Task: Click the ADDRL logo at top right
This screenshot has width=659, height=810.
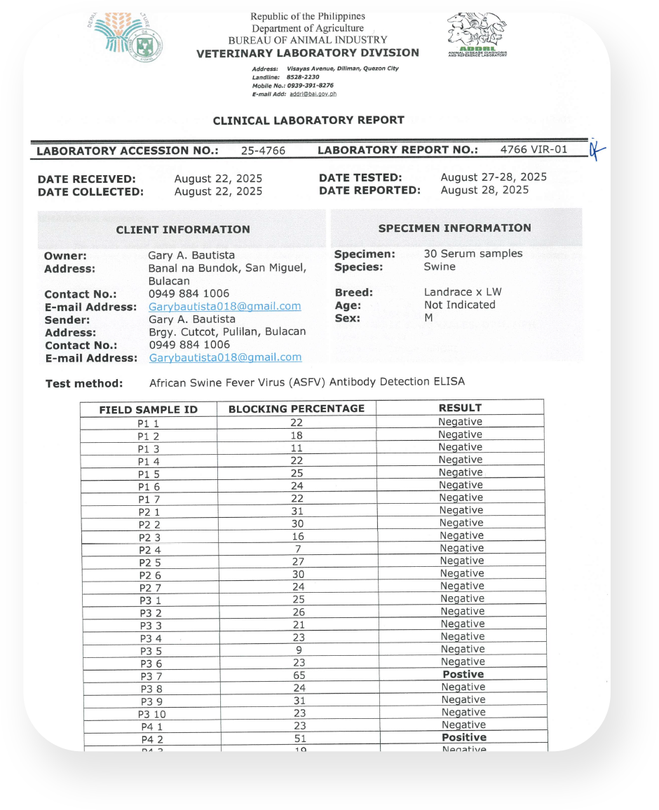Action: pos(477,35)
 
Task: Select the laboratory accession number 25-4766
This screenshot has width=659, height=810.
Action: pos(263,151)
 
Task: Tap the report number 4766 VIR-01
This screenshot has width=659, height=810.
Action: pos(534,149)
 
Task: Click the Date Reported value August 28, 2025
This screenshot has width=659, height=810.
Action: pos(484,190)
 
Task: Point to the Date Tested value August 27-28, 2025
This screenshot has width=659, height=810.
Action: pos(494,177)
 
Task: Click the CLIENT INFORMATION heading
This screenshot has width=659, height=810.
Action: pos(183,229)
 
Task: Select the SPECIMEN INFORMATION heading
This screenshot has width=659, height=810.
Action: pos(454,228)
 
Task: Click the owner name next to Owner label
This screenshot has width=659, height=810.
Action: pos(191,255)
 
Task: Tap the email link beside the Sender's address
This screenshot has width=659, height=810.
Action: pos(225,357)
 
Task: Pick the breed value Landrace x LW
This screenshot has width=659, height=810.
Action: pos(463,292)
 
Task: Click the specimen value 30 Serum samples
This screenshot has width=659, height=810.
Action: pos(473,254)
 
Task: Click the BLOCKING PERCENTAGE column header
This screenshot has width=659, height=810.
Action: pos(297,409)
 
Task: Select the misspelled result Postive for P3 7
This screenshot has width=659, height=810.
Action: pos(463,674)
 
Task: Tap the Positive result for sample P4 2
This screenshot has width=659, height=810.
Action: pos(463,737)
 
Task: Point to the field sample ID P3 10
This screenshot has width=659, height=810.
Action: pos(152,715)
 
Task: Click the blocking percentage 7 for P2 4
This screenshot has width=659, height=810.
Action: pos(298,549)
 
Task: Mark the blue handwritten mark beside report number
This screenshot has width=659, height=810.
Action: pos(597,149)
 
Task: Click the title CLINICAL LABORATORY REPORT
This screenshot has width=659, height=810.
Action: pos(308,121)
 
